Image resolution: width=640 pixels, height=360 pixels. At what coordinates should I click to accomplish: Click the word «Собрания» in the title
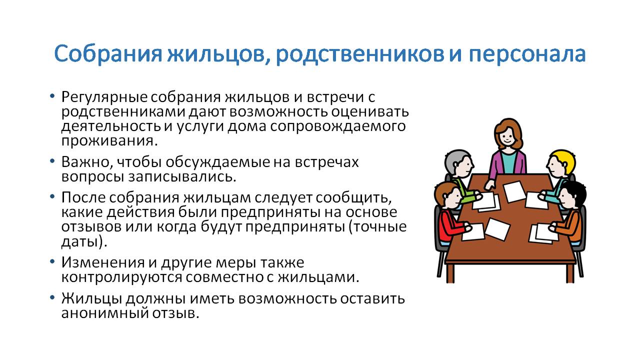pyautogui.click(x=108, y=53)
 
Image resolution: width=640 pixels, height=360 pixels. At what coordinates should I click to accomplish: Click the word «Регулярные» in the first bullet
pyautogui.click(x=104, y=97)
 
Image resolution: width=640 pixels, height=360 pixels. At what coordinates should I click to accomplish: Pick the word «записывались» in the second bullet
pyautogui.click(x=180, y=176)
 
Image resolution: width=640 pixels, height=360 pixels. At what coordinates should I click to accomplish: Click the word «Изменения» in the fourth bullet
pyautogui.click(x=103, y=262)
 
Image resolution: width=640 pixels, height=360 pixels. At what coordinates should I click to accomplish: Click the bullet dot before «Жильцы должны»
pyautogui.click(x=52, y=297)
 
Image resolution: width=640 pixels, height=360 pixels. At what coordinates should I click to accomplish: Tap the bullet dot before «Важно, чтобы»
pyautogui.click(x=52, y=161)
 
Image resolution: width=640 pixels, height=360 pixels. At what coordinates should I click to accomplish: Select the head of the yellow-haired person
pyautogui.click(x=560, y=163)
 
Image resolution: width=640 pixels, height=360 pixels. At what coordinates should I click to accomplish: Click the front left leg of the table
pyautogui.click(x=450, y=272)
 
